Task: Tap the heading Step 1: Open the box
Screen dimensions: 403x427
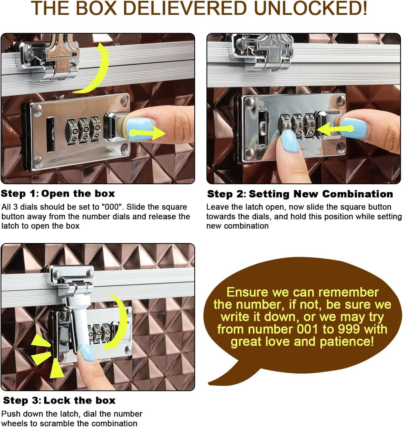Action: pyautogui.click(x=58, y=194)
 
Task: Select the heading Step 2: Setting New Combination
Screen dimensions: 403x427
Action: pyautogui.click(x=300, y=194)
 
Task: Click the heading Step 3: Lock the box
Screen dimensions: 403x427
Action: pyautogui.click(x=59, y=400)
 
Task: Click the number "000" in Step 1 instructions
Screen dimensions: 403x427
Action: pyautogui.click(x=111, y=207)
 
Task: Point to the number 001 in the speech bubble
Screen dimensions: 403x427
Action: pyautogui.click(x=306, y=329)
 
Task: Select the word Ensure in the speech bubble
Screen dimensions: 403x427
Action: pyautogui.click(x=247, y=292)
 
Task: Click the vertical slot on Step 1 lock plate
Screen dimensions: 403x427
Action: pyautogui.click(x=50, y=135)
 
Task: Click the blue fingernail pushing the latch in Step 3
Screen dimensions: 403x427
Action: pyautogui.click(x=87, y=352)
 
